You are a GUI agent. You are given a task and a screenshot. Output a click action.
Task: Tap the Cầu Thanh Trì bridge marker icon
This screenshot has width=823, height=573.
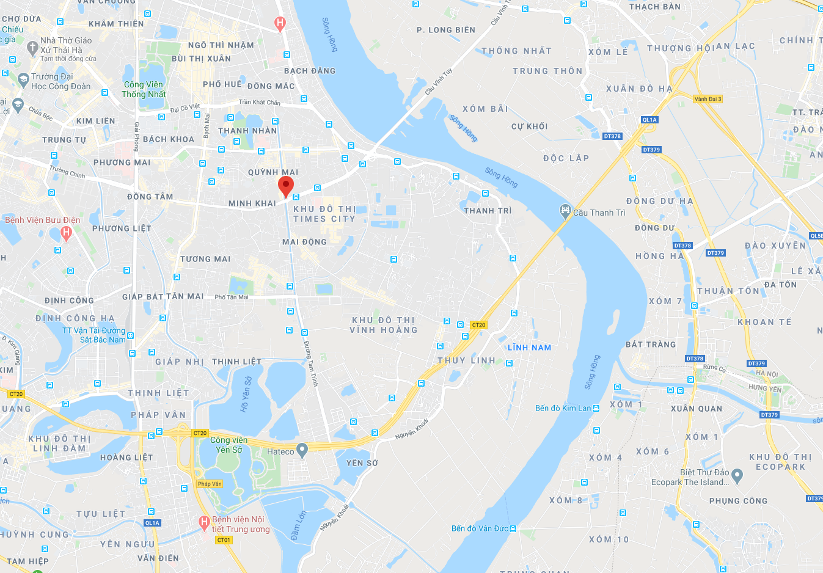(565, 211)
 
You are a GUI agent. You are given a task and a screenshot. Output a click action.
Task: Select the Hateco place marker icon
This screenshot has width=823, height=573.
(302, 451)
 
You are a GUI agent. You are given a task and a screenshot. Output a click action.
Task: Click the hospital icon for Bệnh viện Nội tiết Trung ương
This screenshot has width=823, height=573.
(205, 522)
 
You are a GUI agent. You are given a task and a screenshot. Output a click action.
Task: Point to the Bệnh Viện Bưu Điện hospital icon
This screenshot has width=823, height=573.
(67, 232)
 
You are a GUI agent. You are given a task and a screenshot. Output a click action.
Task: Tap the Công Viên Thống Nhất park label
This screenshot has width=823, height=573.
(144, 89)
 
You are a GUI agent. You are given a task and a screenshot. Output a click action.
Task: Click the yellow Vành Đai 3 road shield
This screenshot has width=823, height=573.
(708, 99)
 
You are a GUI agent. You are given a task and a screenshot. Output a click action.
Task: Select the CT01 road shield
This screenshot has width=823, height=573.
(224, 540)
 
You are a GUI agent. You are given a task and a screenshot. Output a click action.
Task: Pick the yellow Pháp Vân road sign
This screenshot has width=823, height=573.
(210, 484)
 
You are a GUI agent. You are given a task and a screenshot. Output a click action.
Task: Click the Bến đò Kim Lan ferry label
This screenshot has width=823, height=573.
(563, 408)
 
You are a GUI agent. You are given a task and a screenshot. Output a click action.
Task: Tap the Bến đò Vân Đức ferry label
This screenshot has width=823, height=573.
(480, 528)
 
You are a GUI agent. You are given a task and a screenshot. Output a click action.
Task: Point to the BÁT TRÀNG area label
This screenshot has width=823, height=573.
(651, 345)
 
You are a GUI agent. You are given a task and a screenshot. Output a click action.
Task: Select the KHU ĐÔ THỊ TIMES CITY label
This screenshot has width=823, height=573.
(324, 214)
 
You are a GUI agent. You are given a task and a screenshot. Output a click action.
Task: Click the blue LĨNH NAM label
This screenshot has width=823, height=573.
(529, 348)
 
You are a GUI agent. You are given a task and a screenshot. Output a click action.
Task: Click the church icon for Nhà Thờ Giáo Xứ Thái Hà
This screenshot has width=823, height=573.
(33, 46)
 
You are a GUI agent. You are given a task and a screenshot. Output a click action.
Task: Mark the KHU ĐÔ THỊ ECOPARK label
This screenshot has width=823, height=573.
(780, 462)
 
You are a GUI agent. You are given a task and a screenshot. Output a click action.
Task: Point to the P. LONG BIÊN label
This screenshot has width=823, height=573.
(445, 30)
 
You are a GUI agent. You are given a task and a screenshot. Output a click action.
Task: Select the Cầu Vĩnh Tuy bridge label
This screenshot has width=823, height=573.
(439, 81)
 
